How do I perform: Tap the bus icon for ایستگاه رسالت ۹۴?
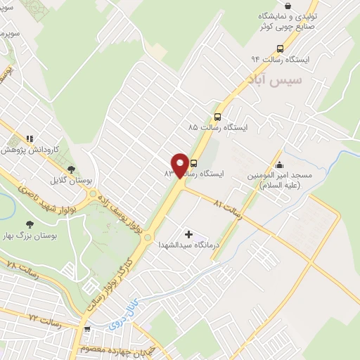click(281, 49)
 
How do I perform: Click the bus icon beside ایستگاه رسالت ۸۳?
click(194, 162)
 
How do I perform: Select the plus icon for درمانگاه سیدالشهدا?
click(188, 233)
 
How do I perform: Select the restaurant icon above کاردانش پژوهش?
click(30, 139)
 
